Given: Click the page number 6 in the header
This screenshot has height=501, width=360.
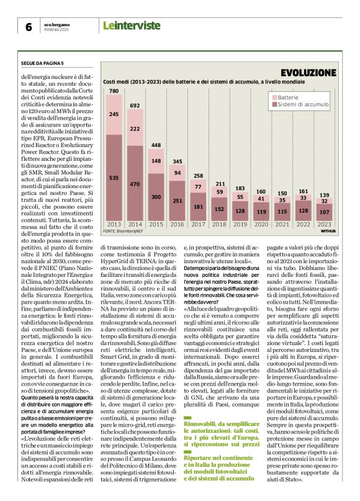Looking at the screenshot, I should point(28,27).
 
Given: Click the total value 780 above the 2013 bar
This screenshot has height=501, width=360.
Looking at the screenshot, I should point(114,91).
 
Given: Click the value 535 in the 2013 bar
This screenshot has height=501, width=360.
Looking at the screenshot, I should point(114,178).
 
